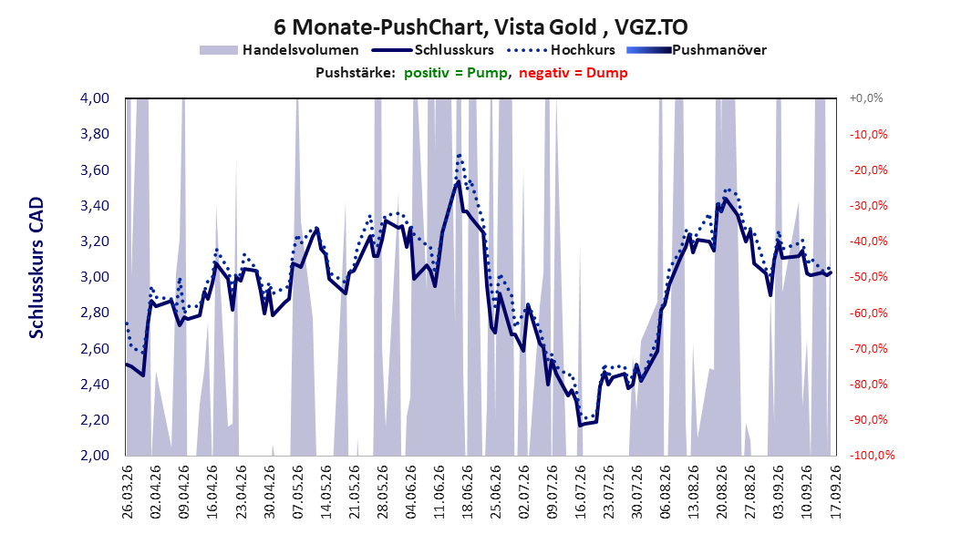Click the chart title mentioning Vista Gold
[x=480, y=27]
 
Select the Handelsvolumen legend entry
[x=279, y=50]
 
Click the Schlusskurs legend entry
[x=433, y=50]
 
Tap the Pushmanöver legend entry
[x=697, y=50]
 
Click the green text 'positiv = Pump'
[x=455, y=73]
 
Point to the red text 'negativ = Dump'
[x=573, y=73]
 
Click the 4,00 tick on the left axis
[x=95, y=98]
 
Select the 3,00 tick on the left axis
[x=95, y=277]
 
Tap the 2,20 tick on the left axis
[x=95, y=419]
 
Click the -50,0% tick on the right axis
[x=868, y=277]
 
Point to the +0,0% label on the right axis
[x=866, y=98]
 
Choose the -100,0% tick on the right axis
[x=872, y=455]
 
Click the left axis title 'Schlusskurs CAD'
[x=36, y=267]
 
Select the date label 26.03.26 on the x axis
[x=128, y=492]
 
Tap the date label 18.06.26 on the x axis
[x=467, y=492]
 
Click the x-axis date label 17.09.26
[x=835, y=492]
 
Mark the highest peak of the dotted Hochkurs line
[x=459, y=155]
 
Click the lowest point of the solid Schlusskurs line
[x=580, y=425]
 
